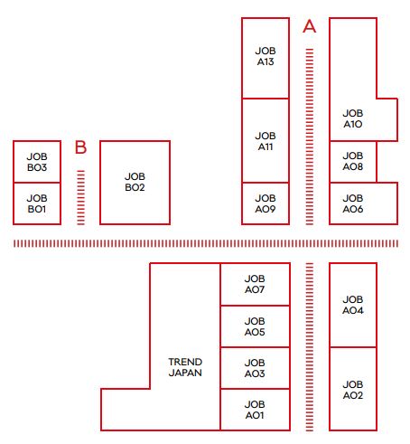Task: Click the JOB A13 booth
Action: pyautogui.click(x=266, y=58)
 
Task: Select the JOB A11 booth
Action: pyautogui.click(x=266, y=140)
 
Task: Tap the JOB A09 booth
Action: pyautogui.click(x=266, y=203)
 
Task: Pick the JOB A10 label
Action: pyautogui.click(x=353, y=118)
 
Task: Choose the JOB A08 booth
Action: pyautogui.click(x=353, y=162)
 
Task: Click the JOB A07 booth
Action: pyautogui.click(x=255, y=284)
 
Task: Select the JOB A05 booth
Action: pyautogui.click(x=255, y=326)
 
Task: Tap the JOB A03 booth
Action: pyautogui.click(x=255, y=368)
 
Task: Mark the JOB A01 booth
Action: pyautogui.click(x=255, y=410)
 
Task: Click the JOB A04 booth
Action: pyautogui.click(x=353, y=305)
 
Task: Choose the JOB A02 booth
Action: pyautogui.click(x=353, y=389)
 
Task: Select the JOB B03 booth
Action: pyautogui.click(x=37, y=162)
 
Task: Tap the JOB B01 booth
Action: pyautogui.click(x=37, y=203)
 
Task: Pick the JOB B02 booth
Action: pyautogui.click(x=135, y=183)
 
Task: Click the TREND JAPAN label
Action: pyautogui.click(x=185, y=367)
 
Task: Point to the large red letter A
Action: pyautogui.click(x=310, y=26)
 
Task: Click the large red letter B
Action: pyautogui.click(x=80, y=147)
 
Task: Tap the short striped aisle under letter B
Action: pyautogui.click(x=80, y=197)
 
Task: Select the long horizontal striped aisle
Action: pyautogui.click(x=206, y=243)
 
